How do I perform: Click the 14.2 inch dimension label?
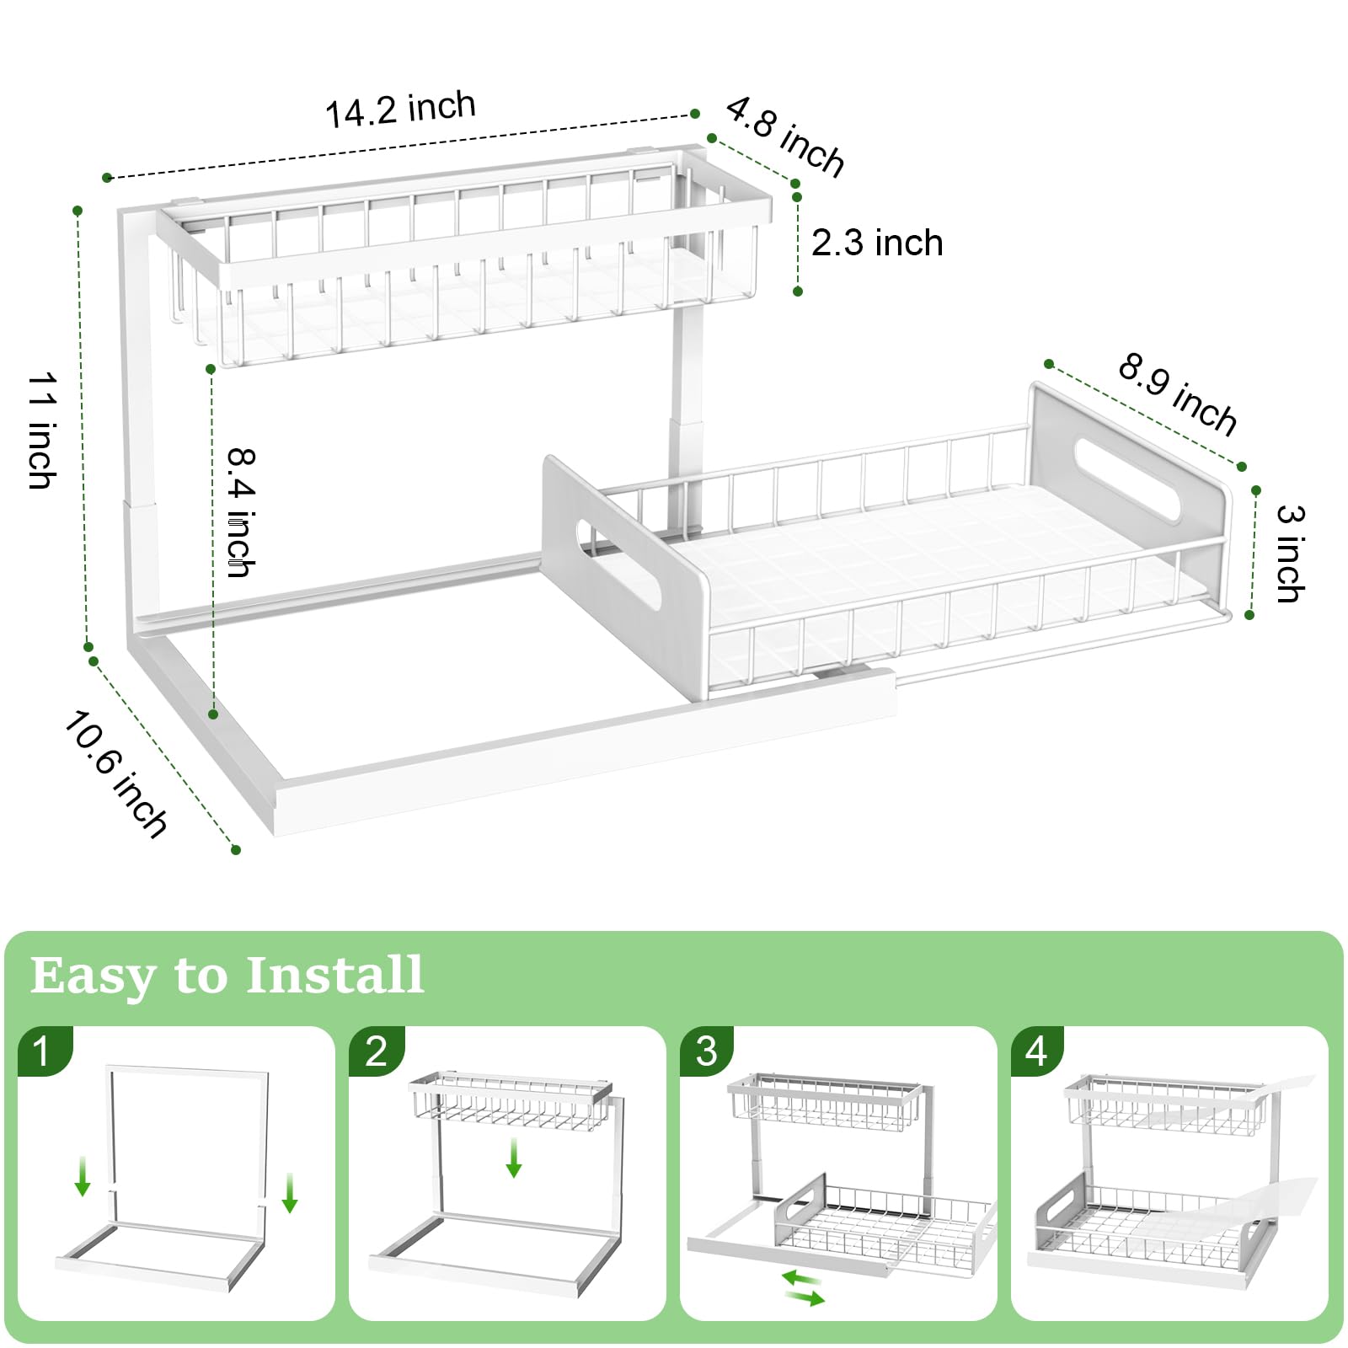click(x=400, y=110)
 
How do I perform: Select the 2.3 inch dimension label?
click(x=876, y=243)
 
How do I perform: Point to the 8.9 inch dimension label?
click(x=1178, y=394)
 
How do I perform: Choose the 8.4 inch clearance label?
click(x=241, y=512)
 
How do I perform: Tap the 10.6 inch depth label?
click(x=116, y=773)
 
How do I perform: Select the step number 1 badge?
click(x=42, y=1051)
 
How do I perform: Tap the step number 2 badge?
click(x=376, y=1051)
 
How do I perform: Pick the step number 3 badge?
click(x=706, y=1051)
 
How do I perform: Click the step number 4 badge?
click(x=1036, y=1051)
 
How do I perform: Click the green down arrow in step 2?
click(x=513, y=1158)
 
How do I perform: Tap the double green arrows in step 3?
click(x=803, y=1289)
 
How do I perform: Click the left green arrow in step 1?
click(x=83, y=1176)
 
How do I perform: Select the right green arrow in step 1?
click(x=290, y=1192)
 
